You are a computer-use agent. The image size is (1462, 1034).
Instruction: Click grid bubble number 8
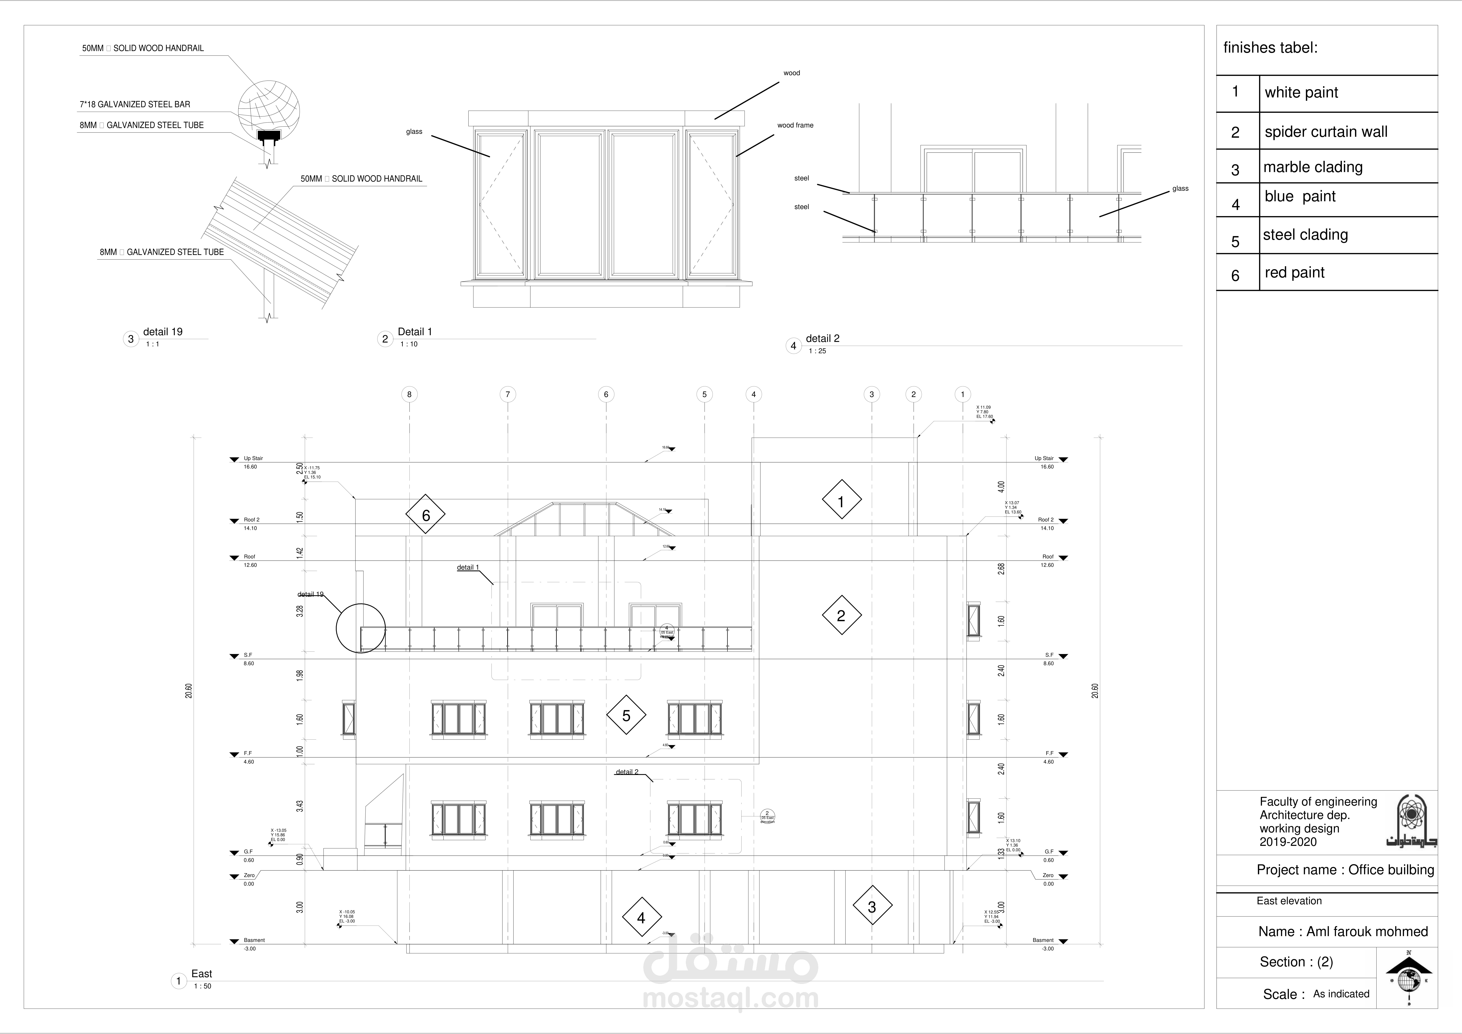point(409,394)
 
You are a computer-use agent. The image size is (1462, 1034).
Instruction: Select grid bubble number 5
point(704,394)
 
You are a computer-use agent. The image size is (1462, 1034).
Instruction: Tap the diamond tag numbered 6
point(425,514)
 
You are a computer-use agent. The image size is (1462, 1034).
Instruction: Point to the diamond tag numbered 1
point(841,501)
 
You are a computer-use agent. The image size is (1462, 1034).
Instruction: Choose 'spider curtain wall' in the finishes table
point(1326,132)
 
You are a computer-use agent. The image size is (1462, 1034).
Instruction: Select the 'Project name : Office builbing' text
point(1345,870)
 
